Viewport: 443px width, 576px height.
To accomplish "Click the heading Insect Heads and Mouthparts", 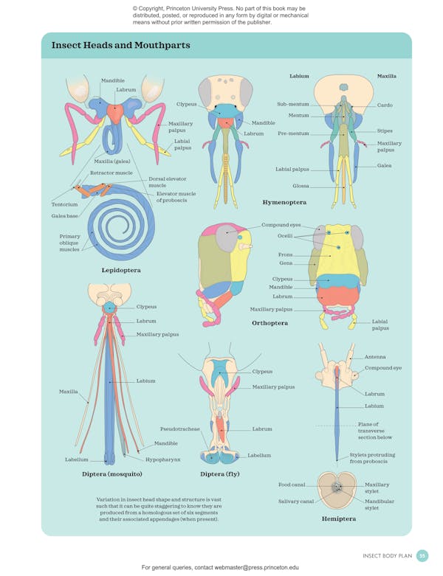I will (120, 46).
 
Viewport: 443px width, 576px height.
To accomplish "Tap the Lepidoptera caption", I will (121, 271).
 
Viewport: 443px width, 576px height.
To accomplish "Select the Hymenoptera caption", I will (284, 202).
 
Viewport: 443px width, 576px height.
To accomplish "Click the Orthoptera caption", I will (269, 323).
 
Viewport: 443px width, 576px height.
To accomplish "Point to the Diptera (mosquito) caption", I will (111, 474).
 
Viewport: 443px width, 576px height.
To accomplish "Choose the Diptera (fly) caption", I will (224, 474).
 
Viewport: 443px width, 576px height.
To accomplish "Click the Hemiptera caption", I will (338, 518).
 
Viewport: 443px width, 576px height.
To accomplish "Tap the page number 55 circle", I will (422, 555).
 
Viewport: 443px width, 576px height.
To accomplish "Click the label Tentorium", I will (64, 204).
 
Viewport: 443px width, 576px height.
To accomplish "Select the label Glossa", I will (301, 186).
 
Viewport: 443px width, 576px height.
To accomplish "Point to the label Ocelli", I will (284, 236).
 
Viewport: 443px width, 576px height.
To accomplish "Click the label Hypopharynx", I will (162, 459).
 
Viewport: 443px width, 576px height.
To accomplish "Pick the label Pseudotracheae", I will (179, 428).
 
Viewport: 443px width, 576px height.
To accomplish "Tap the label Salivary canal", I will (296, 502).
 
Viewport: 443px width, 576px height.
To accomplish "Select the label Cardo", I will (385, 105).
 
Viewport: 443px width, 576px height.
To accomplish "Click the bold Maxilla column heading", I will (386, 76).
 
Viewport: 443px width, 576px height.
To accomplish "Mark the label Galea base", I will (64, 216).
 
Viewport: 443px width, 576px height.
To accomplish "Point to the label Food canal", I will (292, 485).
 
